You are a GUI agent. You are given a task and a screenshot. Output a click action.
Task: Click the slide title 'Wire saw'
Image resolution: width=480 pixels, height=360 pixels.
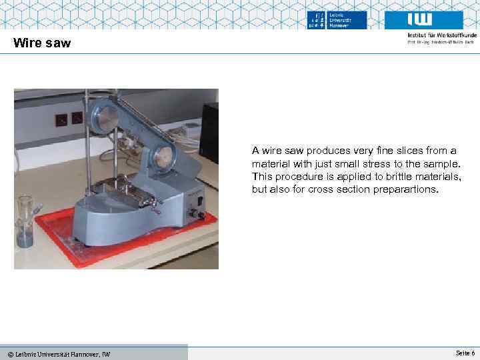coord(42,44)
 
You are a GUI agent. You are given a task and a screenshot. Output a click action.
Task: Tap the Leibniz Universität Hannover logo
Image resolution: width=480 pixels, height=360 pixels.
coord(337,20)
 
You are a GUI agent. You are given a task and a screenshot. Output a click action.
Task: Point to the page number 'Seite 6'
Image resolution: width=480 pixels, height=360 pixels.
coord(465,353)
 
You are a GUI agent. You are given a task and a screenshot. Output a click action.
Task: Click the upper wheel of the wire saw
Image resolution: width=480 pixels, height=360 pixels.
coord(107,119)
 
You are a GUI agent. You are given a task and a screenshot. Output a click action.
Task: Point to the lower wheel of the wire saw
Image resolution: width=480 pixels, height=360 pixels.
coord(162,157)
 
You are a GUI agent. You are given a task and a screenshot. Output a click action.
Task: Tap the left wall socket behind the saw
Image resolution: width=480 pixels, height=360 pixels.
coord(61,120)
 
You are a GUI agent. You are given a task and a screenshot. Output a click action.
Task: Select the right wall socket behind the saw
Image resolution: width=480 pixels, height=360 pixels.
coord(77,119)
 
